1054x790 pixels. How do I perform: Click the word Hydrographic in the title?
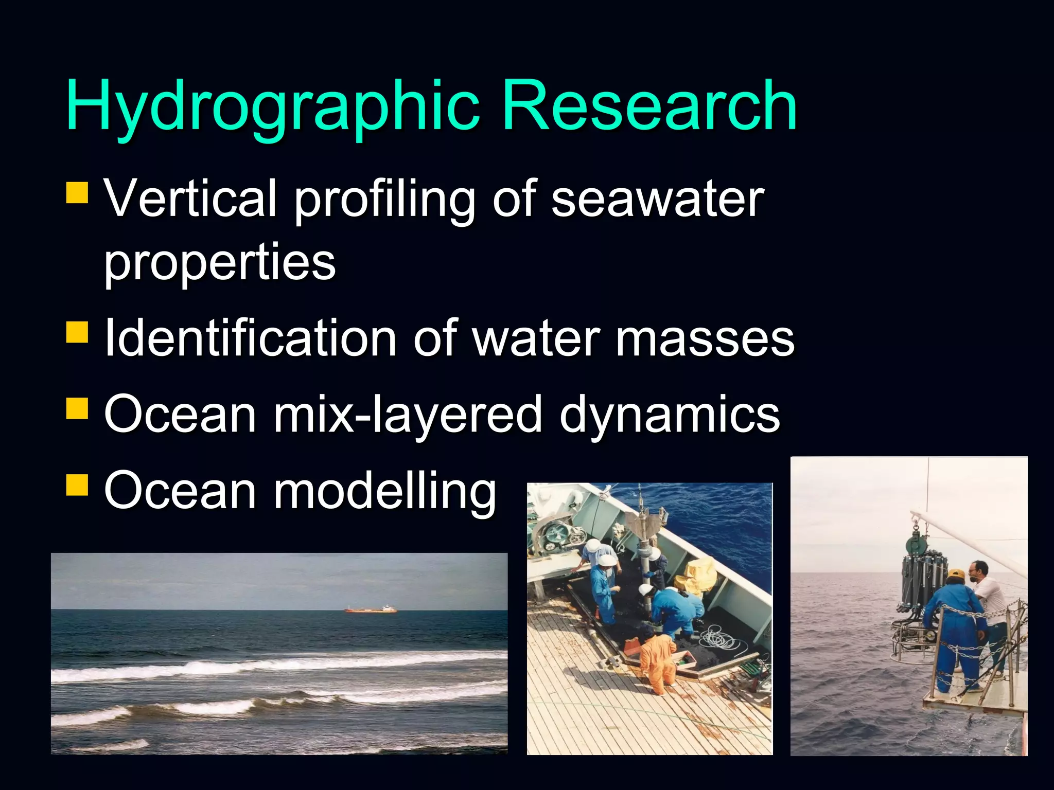[x=273, y=107]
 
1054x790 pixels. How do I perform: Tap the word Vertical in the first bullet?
[x=190, y=198]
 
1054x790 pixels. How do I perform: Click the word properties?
[x=220, y=262]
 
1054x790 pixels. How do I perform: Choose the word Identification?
[x=250, y=338]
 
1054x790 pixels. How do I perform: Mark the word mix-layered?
[x=408, y=415]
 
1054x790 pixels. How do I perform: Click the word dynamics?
[x=670, y=415]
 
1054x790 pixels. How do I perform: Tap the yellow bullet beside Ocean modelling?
[x=77, y=484]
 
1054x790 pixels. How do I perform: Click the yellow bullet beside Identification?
[x=77, y=332]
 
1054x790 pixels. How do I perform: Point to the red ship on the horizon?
[x=371, y=609]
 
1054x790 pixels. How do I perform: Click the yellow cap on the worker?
[x=956, y=574]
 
